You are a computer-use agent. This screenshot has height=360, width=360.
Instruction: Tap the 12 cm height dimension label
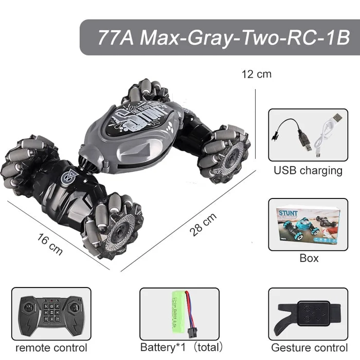point(256,74)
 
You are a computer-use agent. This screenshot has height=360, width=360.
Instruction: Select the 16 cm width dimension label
point(50,244)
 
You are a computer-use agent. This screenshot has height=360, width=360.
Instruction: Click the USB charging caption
point(308,170)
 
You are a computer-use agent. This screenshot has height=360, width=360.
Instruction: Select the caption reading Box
point(309,258)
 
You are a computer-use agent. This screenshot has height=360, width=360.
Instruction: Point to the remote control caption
point(51,347)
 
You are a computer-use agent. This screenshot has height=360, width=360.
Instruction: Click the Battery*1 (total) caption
point(182,347)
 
